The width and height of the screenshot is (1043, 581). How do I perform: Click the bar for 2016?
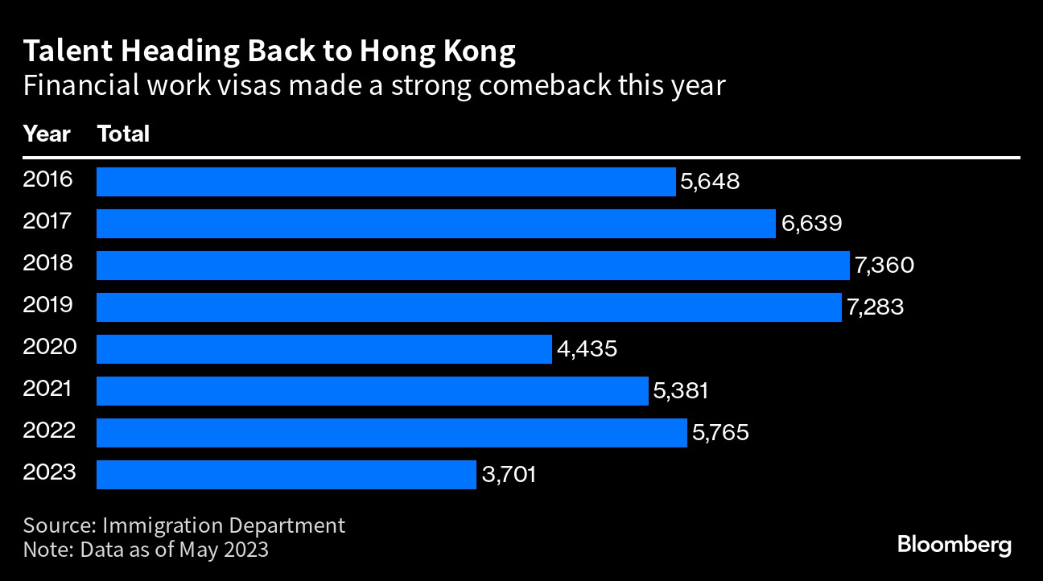tap(385, 182)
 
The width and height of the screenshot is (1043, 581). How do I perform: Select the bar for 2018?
tap(472, 266)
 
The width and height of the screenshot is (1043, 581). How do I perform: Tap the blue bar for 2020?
tap(324, 349)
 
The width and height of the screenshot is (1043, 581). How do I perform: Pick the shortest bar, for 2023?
tap(286, 475)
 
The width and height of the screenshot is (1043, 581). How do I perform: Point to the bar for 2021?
tap(372, 391)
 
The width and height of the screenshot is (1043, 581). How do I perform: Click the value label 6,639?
tap(811, 223)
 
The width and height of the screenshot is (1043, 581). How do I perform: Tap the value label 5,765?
tap(720, 433)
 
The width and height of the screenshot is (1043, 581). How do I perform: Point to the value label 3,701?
tap(509, 475)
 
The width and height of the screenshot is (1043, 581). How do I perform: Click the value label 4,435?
tap(587, 349)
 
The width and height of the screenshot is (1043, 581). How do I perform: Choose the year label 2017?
tap(48, 221)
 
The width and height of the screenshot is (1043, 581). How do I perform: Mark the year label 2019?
tap(48, 305)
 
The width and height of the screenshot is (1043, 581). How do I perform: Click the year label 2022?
tap(49, 431)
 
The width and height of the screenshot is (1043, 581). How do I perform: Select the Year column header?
tap(47, 134)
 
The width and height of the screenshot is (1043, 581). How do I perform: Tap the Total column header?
tap(123, 134)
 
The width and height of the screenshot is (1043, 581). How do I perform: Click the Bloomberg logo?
tap(954, 545)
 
